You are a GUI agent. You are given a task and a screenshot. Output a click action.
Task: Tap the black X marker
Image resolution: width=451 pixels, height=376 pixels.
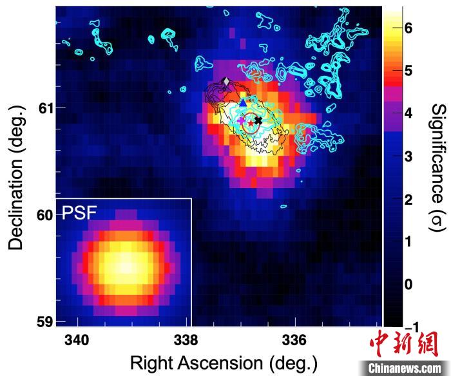tap(258, 120)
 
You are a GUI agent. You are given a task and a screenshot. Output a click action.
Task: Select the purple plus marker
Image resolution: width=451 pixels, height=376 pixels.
tap(241, 121)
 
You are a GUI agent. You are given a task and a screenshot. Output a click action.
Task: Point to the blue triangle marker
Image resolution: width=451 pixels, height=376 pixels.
tap(243, 102)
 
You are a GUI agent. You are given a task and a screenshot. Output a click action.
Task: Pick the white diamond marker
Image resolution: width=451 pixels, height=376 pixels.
tap(225, 81)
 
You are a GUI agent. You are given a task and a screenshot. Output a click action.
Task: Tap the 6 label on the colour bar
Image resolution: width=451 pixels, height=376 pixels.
tap(408, 28)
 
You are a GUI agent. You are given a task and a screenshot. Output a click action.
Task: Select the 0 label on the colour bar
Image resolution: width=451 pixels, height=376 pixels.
tap(408, 284)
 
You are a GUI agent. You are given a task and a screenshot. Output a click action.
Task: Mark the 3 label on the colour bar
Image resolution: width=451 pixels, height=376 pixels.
tap(408, 156)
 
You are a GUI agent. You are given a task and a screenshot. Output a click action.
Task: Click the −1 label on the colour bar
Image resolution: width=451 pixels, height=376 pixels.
tap(408, 326)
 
